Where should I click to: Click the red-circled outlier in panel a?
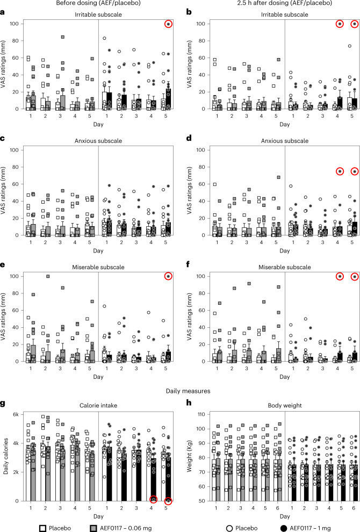pos(169,24)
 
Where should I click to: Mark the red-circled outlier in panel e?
pos(169,276)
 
